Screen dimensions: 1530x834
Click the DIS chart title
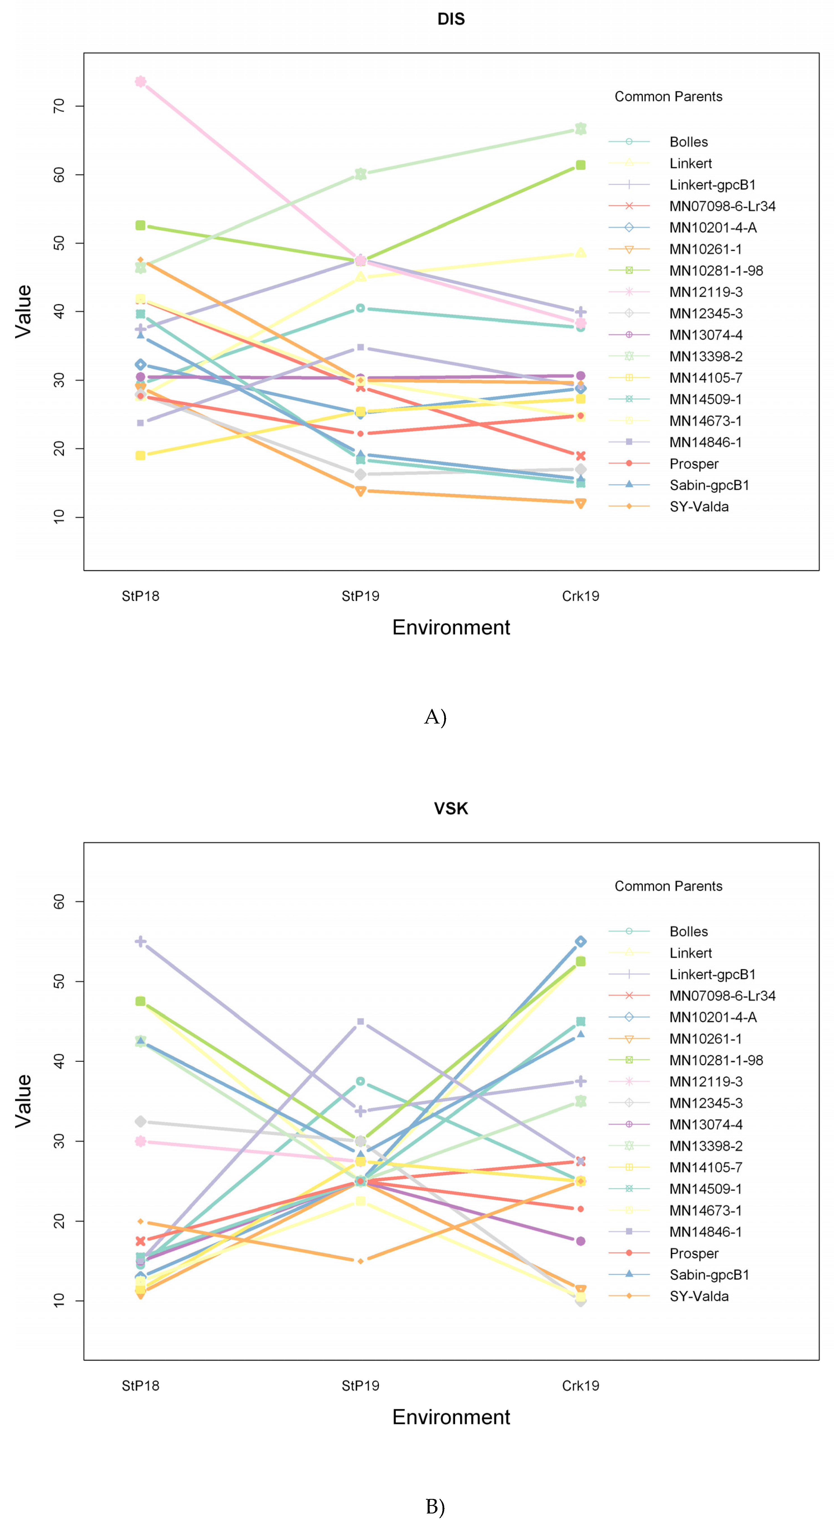[x=451, y=19]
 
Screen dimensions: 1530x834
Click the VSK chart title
[x=451, y=808]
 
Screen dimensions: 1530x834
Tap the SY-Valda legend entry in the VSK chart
[x=699, y=1296]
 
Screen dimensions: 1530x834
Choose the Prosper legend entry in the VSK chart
[x=694, y=1253]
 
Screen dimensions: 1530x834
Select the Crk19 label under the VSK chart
[x=580, y=1386]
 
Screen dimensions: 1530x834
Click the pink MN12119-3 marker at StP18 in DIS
[x=140, y=81]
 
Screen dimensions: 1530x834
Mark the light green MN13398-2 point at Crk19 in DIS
[x=580, y=129]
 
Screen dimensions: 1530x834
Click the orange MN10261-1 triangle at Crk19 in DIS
[x=580, y=503]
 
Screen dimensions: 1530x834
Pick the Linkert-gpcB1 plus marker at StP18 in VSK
[x=140, y=942]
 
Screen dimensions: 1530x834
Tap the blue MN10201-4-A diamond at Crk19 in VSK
[x=580, y=942]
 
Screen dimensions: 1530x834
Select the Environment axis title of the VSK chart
[x=451, y=1417]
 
